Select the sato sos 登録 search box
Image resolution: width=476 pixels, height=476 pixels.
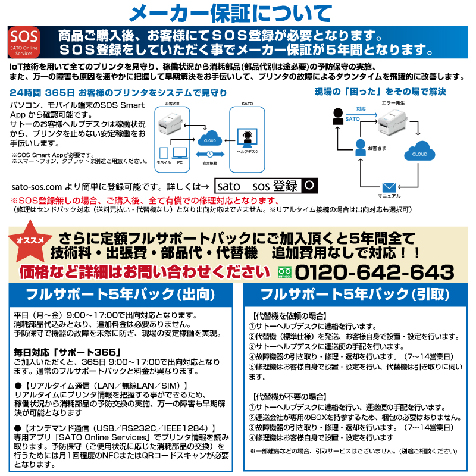pos(257,186)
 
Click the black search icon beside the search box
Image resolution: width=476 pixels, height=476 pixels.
pos(308,186)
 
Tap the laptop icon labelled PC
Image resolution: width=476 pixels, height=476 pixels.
pos(179,153)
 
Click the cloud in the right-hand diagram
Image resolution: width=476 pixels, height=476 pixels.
pos(420,150)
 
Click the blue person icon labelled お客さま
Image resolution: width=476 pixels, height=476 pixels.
pos(360,146)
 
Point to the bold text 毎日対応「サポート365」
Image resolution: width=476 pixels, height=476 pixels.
pos(67,352)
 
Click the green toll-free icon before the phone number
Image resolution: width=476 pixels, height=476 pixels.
pos(283,273)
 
